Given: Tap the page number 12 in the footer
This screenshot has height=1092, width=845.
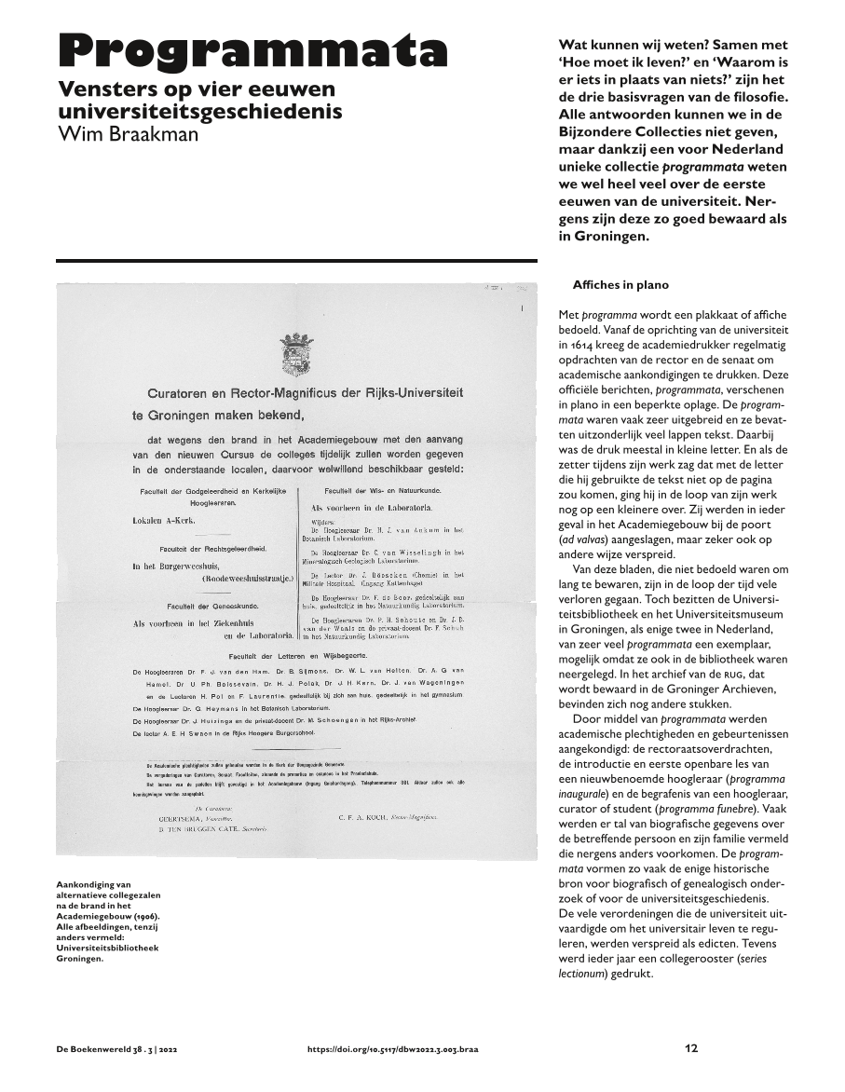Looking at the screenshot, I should [690, 1048].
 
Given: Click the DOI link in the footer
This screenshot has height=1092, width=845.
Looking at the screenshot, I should [400, 1049].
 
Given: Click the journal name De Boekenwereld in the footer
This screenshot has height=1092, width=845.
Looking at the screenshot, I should [96, 1049].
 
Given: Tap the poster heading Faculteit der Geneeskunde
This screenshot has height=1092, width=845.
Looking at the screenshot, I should [205, 607].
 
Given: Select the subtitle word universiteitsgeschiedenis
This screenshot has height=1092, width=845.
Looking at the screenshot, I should [200, 112].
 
